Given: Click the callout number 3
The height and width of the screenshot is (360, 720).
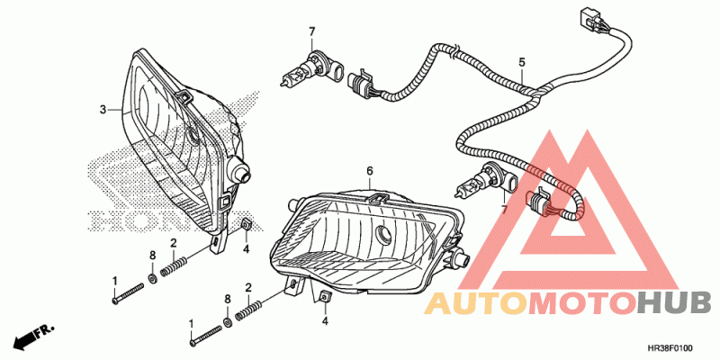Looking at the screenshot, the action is coord(103,109).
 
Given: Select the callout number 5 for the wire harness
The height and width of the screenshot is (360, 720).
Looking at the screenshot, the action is coord(521,62).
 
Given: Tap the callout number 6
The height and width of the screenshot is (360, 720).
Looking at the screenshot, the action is coord(369,170).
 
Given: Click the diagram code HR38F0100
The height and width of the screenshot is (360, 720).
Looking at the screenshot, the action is coord(676,346).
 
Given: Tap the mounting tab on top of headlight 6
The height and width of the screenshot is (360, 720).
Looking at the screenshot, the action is coord(380,194).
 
